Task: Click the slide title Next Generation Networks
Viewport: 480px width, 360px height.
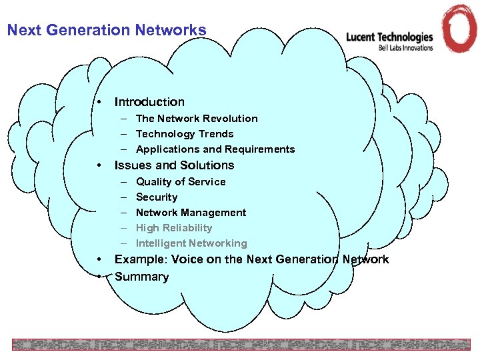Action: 107,30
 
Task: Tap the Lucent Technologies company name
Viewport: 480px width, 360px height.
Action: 389,37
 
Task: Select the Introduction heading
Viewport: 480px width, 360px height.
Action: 149,102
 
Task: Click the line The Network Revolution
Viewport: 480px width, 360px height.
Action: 197,119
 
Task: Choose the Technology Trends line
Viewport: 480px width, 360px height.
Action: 185,134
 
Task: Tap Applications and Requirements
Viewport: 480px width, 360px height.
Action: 215,149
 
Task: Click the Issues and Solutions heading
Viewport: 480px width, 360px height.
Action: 175,165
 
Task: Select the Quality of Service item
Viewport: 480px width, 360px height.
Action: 181,182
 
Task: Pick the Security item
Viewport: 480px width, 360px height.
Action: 157,197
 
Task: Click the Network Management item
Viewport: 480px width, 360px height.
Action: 191,213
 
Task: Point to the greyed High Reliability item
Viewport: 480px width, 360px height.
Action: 174,228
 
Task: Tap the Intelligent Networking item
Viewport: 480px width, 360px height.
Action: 191,243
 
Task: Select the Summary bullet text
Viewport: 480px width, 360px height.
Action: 142,277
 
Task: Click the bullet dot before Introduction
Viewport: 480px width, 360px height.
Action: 98,102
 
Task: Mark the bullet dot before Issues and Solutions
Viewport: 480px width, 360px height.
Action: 98,165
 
